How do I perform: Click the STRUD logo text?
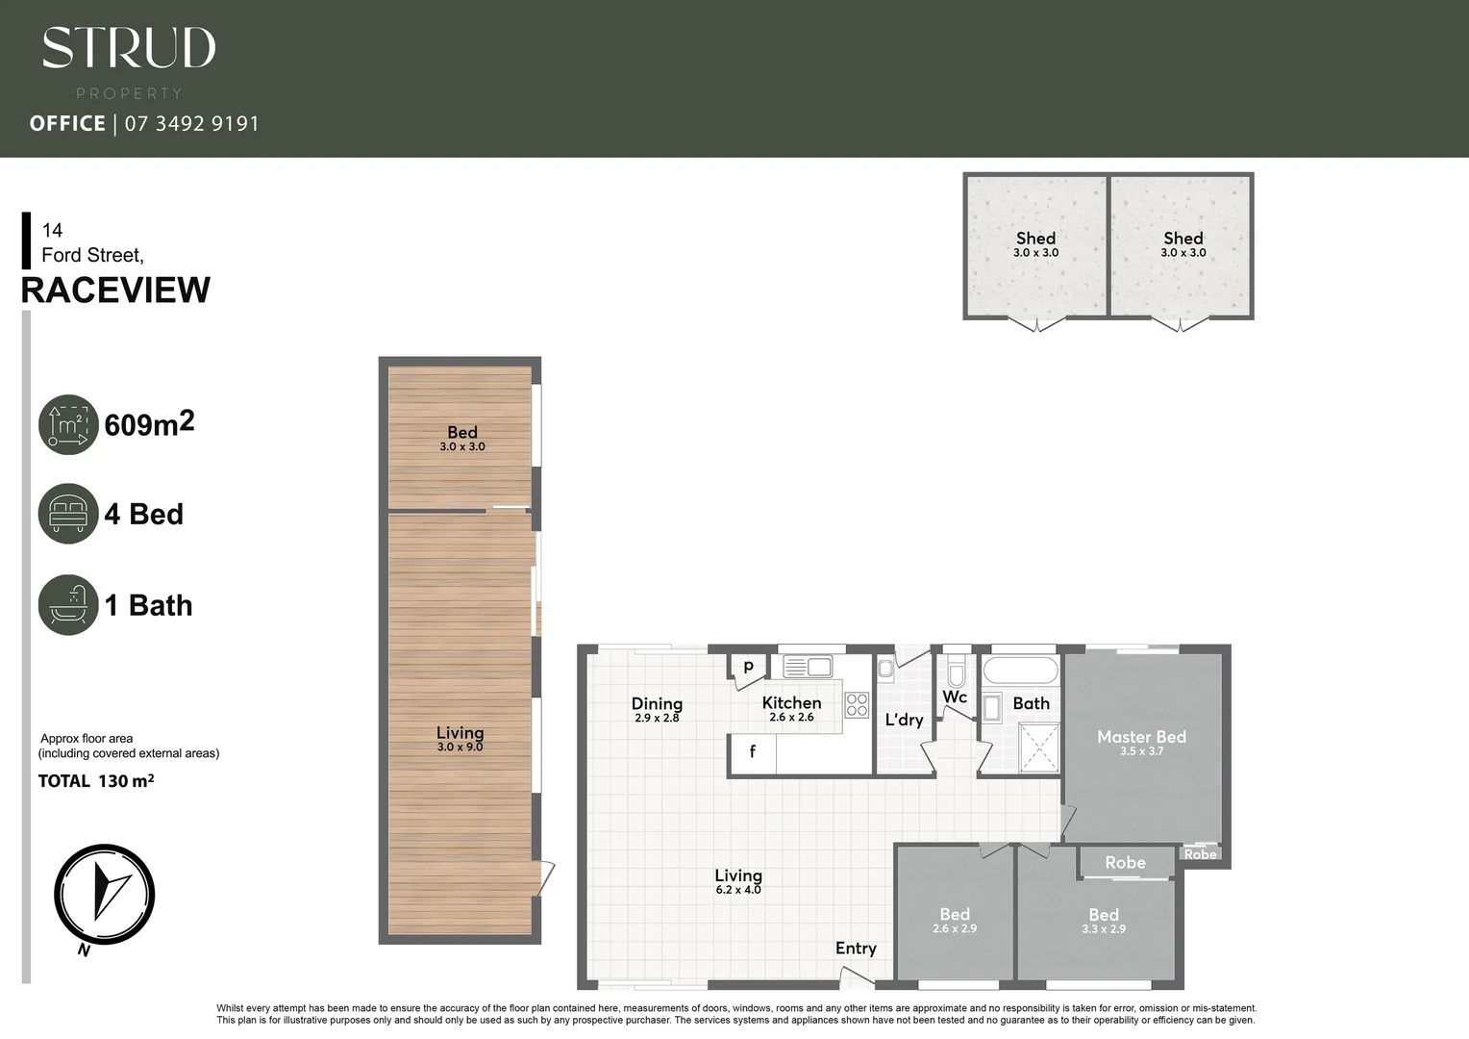pos(129,48)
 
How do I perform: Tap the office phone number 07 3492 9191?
pos(191,124)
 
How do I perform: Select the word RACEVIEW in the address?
pos(115,291)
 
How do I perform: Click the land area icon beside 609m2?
pos(68,424)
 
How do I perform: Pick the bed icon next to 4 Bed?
pos(68,514)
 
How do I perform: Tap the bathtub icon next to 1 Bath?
pos(68,605)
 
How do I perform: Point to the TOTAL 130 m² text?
pos(96,781)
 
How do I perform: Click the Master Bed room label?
pos(1141,737)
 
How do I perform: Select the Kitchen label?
pos(791,703)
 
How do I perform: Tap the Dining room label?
pos(657,704)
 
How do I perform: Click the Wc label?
pos(955,697)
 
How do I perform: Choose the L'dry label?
pos(904,720)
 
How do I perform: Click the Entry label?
pos(856,949)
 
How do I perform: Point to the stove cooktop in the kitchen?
pos(857,705)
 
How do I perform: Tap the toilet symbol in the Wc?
pos(956,671)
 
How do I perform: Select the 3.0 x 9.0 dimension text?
pos(460,748)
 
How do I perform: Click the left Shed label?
pos(1035,239)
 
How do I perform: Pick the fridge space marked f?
pos(753,752)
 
